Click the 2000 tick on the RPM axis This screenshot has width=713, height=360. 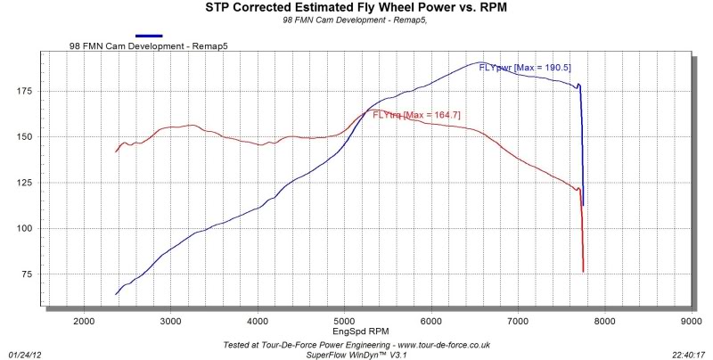pyautogui.click(x=84, y=320)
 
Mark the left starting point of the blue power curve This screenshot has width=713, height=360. pyautogui.click(x=117, y=294)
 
